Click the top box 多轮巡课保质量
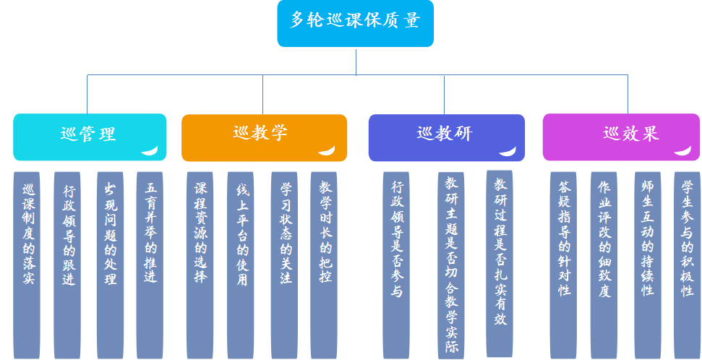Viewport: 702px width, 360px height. pyautogui.click(x=355, y=23)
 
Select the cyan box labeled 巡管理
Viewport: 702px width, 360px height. pyautogui.click(x=89, y=137)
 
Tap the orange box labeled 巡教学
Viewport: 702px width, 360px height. pyautogui.click(x=263, y=137)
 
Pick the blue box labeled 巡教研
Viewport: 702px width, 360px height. pyautogui.click(x=446, y=137)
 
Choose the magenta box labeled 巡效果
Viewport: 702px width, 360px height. pyautogui.click(x=621, y=137)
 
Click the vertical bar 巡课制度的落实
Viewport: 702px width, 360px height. pyautogui.click(x=27, y=265)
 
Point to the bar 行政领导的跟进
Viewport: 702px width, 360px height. pyautogui.click(x=68, y=265)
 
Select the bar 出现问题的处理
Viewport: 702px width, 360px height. pyautogui.click(x=110, y=265)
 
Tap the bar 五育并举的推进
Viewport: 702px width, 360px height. pyautogui.click(x=150, y=265)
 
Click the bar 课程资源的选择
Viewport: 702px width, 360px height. pyautogui.click(x=200, y=265)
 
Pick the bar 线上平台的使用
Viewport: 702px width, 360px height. pyautogui.click(x=241, y=265)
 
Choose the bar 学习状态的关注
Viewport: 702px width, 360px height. pyautogui.click(x=284, y=265)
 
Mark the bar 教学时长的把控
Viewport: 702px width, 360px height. pyautogui.click(x=324, y=265)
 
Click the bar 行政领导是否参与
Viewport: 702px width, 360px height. pyautogui.click(x=396, y=265)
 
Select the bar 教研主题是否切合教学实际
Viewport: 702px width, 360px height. pyautogui.click(x=451, y=265)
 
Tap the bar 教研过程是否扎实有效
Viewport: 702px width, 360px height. pyautogui.click(x=500, y=263)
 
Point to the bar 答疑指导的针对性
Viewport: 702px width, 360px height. pyautogui.click(x=563, y=265)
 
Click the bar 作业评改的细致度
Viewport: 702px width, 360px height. pyautogui.click(x=604, y=265)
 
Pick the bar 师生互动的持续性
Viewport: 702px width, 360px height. pyautogui.click(x=647, y=265)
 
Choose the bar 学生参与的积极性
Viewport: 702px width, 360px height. pyautogui.click(x=687, y=265)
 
